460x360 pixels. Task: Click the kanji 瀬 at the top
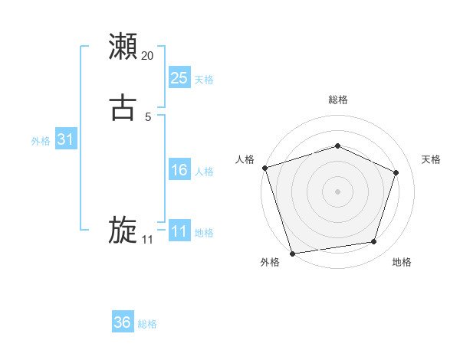[x=123, y=47]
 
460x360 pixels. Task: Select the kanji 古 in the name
[x=123, y=108]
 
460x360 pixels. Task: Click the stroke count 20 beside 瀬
[x=148, y=55]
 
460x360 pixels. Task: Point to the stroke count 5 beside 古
[x=148, y=116]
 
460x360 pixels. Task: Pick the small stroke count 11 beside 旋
[x=147, y=240]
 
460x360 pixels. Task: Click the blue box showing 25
[x=179, y=77]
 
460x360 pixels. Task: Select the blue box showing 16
[x=179, y=170]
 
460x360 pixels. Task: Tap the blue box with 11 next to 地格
[x=179, y=231]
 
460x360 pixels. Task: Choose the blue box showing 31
[x=65, y=139]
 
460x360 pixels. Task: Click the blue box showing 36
[x=123, y=322]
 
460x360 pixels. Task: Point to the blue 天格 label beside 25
[x=204, y=79]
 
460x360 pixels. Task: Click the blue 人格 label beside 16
[x=204, y=172]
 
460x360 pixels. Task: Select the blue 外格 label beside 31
[x=41, y=141]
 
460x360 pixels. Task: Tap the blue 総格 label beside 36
[x=147, y=324]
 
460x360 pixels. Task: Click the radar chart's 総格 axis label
[x=337, y=100]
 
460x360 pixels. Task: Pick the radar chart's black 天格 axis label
[x=431, y=159]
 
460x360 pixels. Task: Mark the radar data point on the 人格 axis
[x=264, y=167]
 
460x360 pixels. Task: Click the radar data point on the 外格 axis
[x=292, y=253]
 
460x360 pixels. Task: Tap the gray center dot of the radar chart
[x=337, y=191]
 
